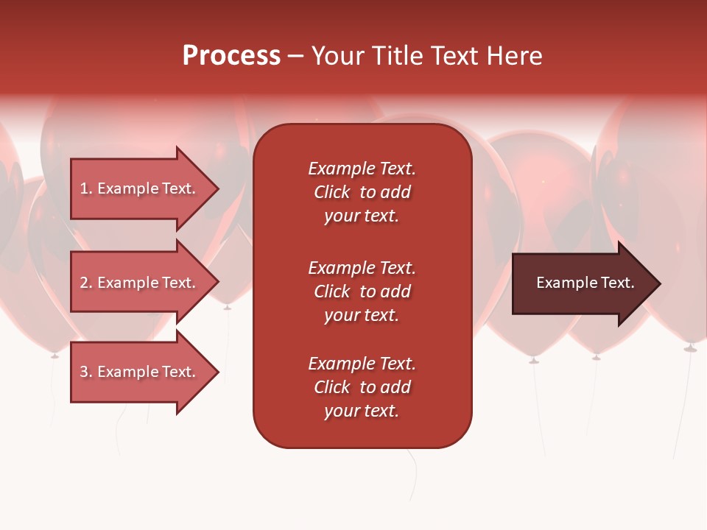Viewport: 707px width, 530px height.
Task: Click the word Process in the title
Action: pos(231,56)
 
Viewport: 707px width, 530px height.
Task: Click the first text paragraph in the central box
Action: pos(362,192)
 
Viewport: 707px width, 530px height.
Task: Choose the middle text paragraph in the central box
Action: pos(362,291)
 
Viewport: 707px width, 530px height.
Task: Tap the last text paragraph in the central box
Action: pos(362,387)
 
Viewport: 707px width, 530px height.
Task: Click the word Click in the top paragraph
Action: pos(332,192)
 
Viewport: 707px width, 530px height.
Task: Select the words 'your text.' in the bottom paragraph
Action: pos(362,411)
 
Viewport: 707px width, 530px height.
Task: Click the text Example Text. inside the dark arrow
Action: pos(585,283)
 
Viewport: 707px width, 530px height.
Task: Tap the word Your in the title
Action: pos(337,56)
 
